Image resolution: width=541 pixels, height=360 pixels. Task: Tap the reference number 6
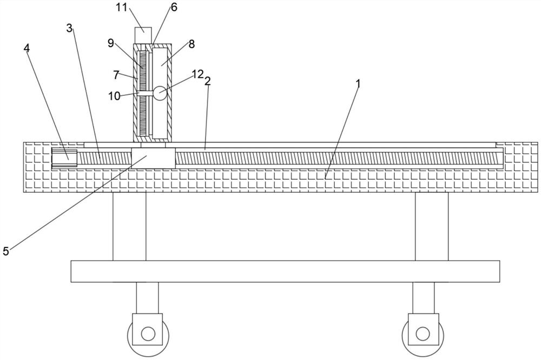tap(173, 7)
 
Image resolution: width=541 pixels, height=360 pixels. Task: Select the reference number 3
tap(69, 28)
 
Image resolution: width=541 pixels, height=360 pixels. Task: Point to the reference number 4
tap(27, 48)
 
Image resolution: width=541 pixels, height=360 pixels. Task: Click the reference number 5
tap(6, 251)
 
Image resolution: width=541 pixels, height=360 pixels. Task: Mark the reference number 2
tap(207, 81)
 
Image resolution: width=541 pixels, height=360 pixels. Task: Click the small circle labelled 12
tap(160, 93)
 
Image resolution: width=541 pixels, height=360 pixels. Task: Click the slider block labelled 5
tap(153, 157)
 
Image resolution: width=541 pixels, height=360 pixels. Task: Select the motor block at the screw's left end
tap(61, 157)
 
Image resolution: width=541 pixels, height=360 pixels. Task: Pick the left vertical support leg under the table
tap(129, 226)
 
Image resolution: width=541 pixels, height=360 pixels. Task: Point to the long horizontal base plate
tap(285, 271)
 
